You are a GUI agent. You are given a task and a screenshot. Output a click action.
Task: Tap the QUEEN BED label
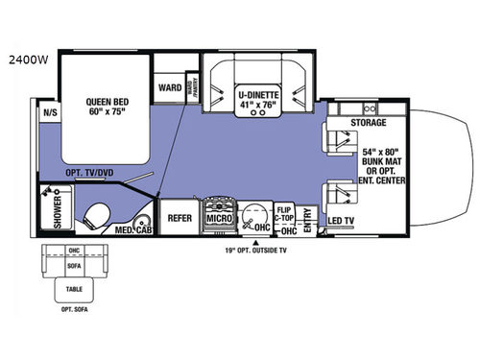point(105,101)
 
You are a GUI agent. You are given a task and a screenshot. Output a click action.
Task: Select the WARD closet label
point(169,87)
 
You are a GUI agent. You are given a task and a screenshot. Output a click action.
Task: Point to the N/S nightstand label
point(47,111)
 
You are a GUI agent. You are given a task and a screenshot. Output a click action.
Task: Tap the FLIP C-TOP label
point(284,213)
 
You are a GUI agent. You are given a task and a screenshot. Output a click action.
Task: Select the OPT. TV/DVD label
point(89,175)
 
